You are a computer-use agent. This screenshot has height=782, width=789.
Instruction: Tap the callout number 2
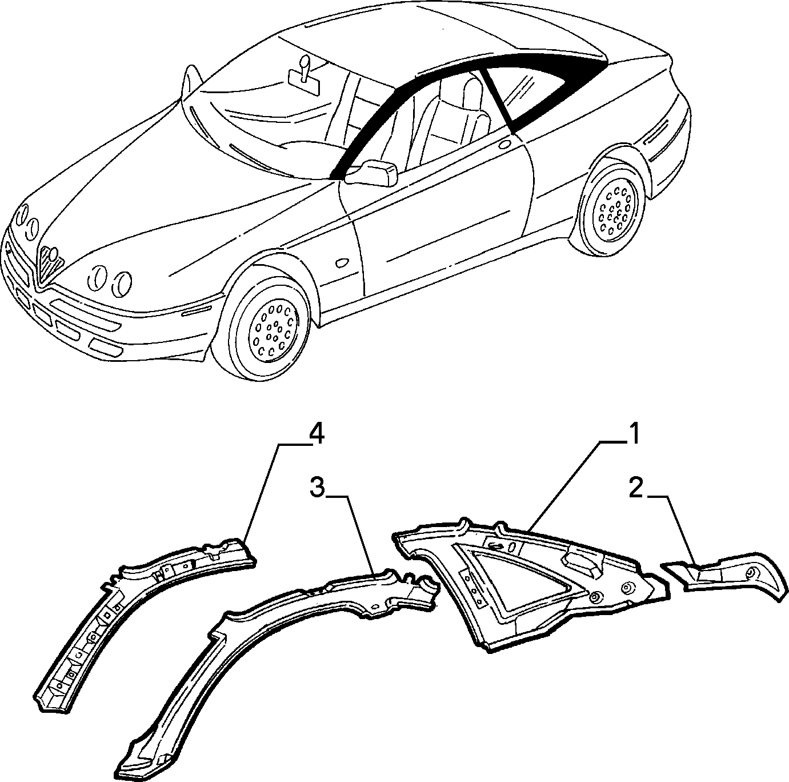635,490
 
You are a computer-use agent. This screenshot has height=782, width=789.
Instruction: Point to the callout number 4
316,435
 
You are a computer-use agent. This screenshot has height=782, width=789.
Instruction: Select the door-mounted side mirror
372,173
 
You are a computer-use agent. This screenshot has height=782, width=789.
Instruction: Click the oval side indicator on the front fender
342,263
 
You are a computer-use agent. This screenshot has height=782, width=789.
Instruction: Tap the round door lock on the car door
504,144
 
